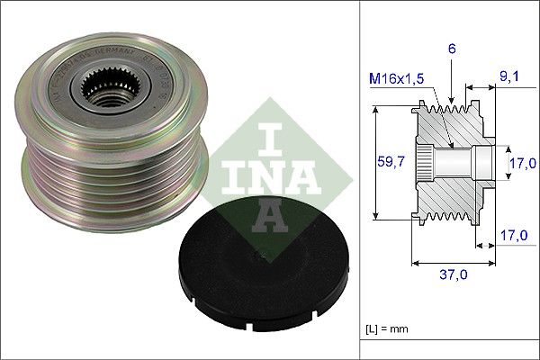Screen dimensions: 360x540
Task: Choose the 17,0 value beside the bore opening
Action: [520, 163]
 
